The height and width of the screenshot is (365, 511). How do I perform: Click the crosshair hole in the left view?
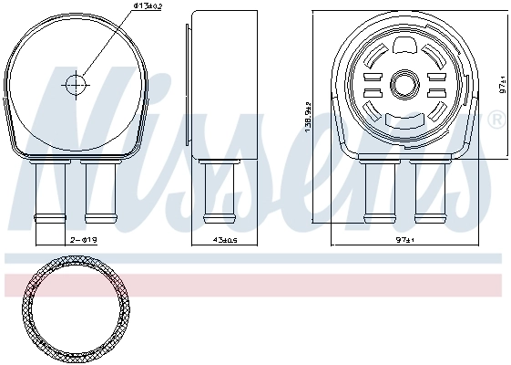(x=75, y=84)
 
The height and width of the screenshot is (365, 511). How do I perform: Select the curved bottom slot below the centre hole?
(x=401, y=119)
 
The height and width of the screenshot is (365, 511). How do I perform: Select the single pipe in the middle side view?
(x=216, y=192)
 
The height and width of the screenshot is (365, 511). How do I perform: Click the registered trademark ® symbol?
(x=496, y=120)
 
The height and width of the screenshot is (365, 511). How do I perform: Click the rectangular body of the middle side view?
(x=216, y=87)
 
